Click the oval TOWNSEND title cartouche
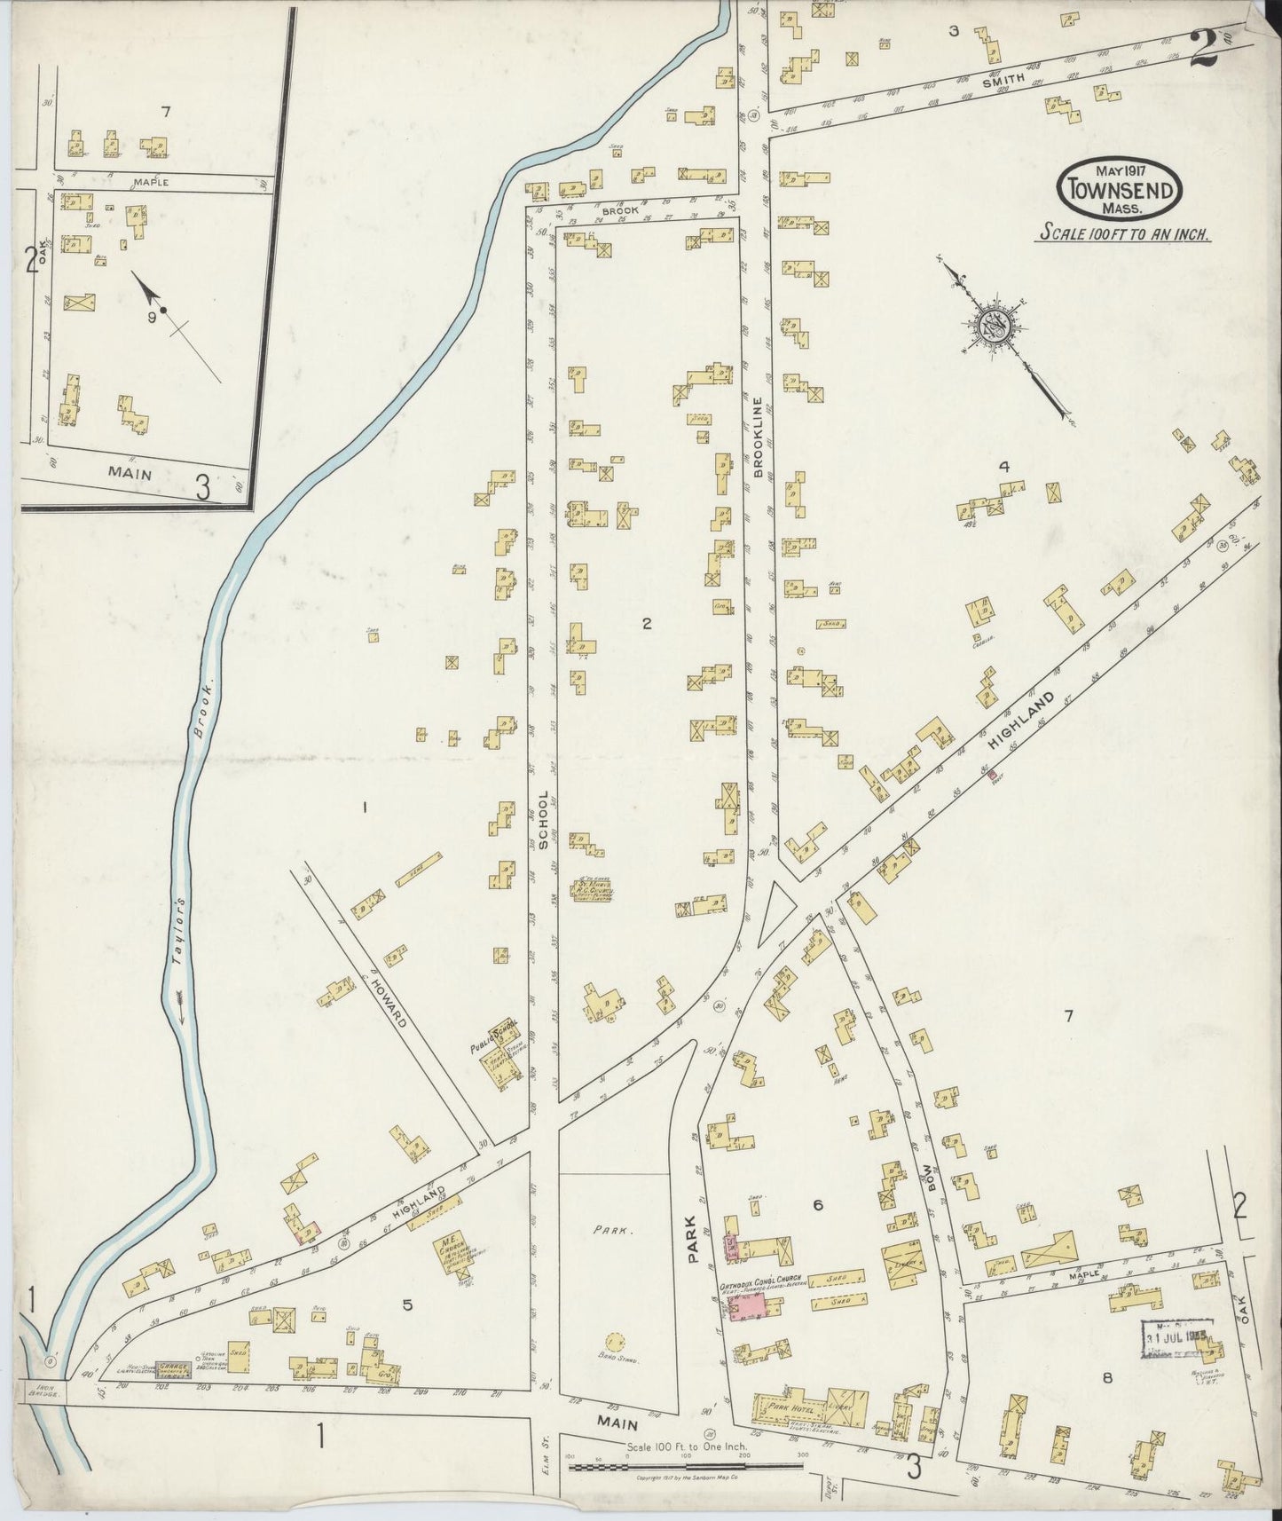pos(1121,189)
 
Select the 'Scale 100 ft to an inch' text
pos(1126,235)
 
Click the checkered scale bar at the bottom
pos(687,1468)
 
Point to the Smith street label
pos(1003,79)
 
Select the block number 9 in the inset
pos(152,315)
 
